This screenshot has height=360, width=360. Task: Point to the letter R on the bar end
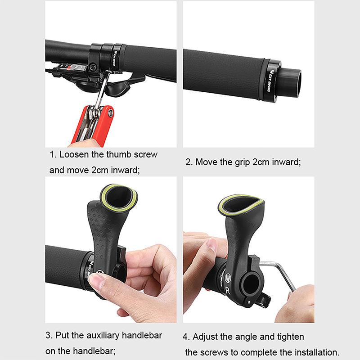(x=228, y=290)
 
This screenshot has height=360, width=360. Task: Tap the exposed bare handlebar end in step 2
(x=290, y=83)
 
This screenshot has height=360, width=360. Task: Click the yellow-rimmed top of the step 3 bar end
(x=119, y=198)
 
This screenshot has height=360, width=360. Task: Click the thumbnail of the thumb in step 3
(x=96, y=279)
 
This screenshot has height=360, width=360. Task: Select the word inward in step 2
(x=286, y=162)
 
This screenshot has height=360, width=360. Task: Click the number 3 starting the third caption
(x=48, y=335)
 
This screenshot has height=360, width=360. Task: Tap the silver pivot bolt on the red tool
(x=111, y=113)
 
